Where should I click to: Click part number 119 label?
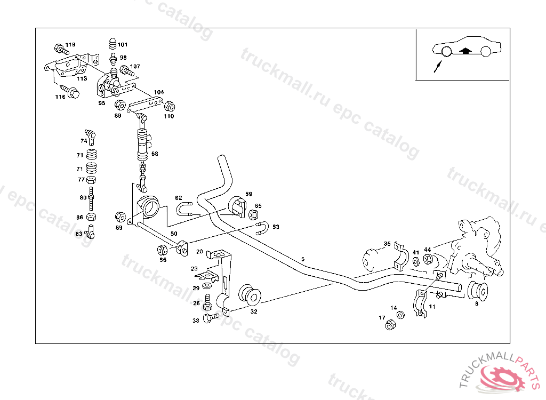pos(70,45)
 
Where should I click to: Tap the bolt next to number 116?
pos(69,90)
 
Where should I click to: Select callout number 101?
pos(123,45)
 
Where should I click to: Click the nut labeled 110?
pos(170,106)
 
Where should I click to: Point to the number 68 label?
pos(155,154)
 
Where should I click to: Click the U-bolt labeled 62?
pos(185,209)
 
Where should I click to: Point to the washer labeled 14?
pos(401,315)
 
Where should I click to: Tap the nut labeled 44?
pos(428,259)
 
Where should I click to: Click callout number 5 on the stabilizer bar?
pos(303,260)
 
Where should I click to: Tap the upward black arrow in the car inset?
pos(465,51)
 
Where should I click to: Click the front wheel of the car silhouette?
pos(446,51)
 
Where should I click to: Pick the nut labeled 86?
pos(91,217)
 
